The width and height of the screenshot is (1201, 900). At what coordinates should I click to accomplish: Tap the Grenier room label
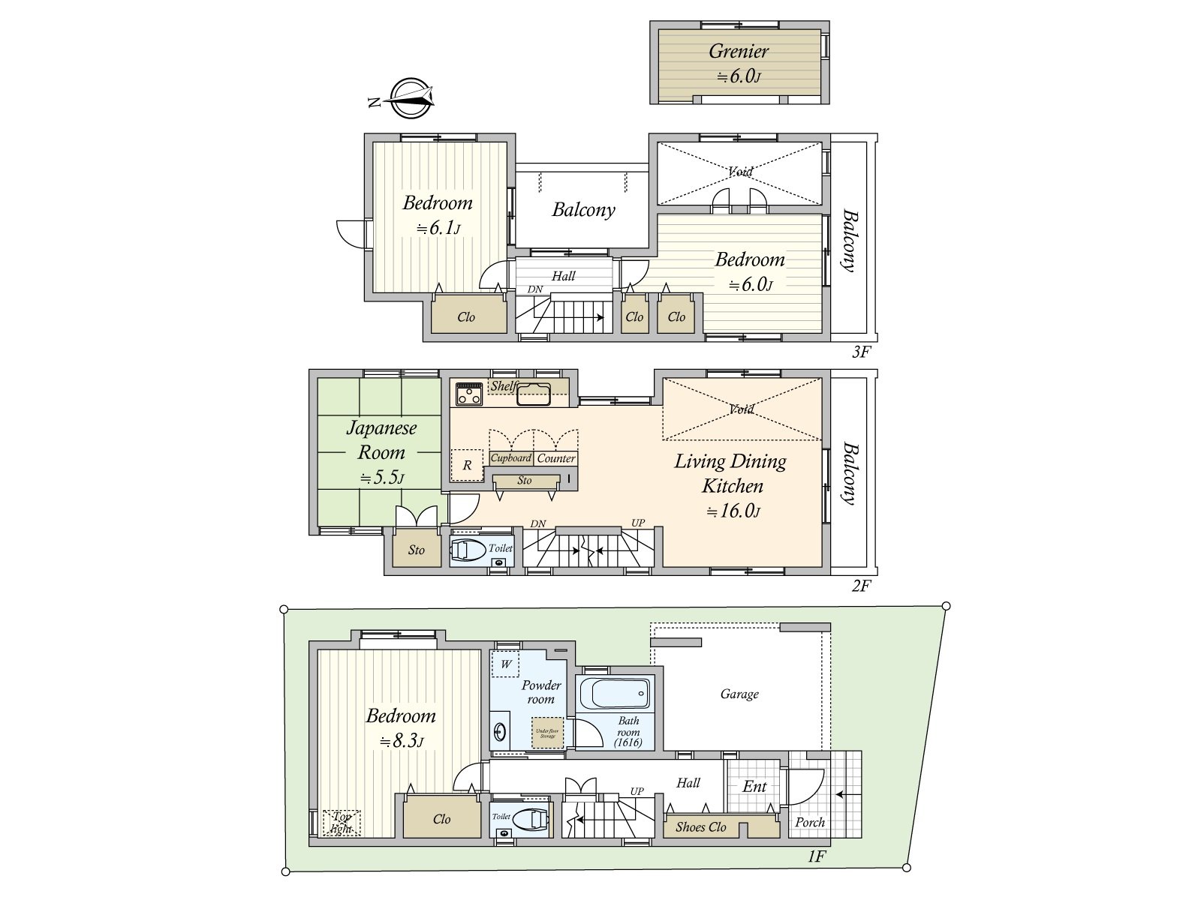click(739, 52)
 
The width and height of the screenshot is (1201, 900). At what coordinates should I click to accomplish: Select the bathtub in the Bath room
click(615, 693)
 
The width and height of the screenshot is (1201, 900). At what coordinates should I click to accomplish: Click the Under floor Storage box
click(547, 732)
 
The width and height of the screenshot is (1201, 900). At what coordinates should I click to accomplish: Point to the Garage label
click(739, 694)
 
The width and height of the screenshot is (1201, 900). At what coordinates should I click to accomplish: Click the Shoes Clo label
click(700, 827)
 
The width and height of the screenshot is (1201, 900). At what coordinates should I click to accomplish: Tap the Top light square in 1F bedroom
click(342, 823)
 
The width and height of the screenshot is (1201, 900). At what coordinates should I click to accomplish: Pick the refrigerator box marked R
click(467, 465)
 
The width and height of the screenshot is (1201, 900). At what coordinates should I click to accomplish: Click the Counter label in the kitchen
click(556, 458)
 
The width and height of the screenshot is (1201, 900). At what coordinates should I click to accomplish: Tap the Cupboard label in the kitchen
click(511, 458)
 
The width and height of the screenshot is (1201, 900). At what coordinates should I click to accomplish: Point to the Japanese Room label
click(381, 440)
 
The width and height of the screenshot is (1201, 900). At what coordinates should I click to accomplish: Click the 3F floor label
click(860, 352)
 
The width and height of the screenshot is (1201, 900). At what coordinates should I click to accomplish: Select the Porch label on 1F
click(810, 822)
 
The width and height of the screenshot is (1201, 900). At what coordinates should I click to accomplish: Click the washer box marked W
click(506, 664)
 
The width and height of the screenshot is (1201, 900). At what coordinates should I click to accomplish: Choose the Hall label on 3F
click(563, 276)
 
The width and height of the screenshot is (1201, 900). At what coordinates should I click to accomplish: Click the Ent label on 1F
click(754, 786)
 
